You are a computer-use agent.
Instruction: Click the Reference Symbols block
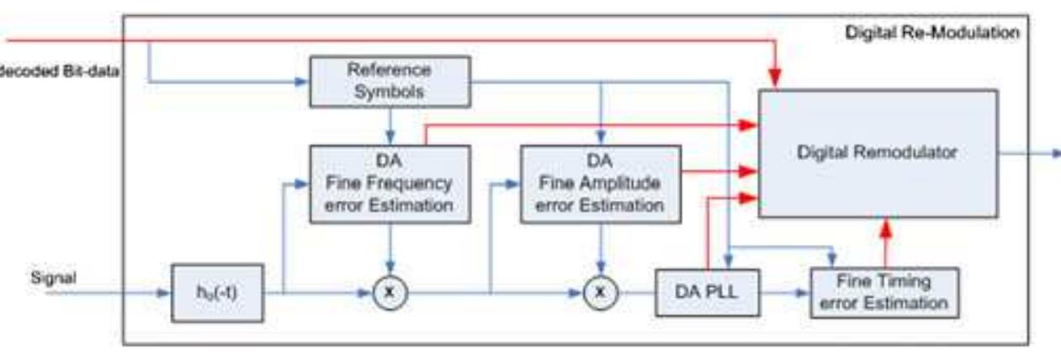[389, 82]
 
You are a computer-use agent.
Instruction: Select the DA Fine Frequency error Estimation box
[389, 183]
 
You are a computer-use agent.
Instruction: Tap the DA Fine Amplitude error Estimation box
[600, 183]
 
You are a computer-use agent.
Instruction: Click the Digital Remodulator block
[878, 153]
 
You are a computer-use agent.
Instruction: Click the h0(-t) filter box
[217, 293]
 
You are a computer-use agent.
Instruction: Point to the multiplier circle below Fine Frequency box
[389, 293]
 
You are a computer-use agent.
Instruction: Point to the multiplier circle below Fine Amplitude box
[600, 293]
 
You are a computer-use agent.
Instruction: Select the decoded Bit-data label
[59, 72]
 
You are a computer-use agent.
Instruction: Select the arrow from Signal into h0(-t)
[126, 293]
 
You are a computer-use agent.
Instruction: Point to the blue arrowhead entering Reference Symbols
[300, 82]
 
